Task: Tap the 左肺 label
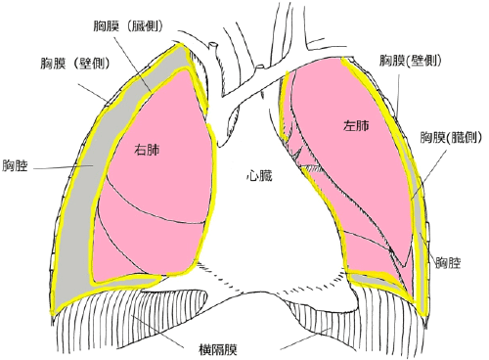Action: coord(356,126)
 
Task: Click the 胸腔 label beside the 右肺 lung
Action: coord(18,166)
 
